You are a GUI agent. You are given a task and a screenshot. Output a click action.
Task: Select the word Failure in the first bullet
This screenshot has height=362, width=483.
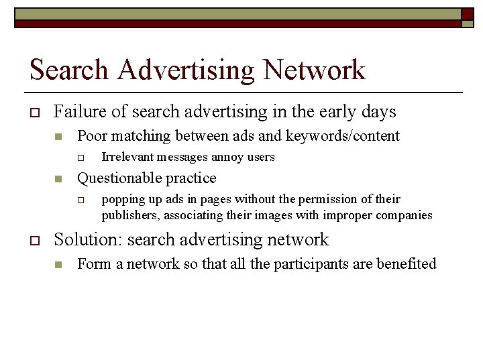[x=76, y=111]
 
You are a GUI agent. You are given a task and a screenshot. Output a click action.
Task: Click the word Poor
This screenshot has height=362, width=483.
[x=92, y=136]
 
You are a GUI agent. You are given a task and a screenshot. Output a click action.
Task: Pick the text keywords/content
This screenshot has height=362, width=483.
[x=343, y=136]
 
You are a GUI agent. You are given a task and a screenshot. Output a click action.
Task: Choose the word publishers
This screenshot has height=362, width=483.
[x=130, y=215]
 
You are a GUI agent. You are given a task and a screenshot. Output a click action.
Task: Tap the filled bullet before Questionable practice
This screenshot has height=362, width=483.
[x=58, y=179]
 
